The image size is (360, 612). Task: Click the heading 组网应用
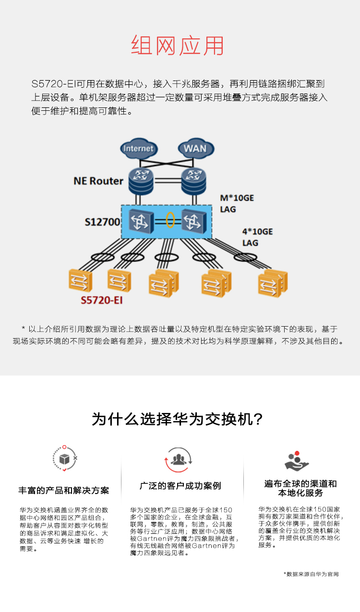[x=178, y=46]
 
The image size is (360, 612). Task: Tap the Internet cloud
[x=139, y=148]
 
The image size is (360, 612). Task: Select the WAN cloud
[x=195, y=148]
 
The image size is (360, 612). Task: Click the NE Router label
[x=98, y=181]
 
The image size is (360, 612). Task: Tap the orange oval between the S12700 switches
[x=170, y=221]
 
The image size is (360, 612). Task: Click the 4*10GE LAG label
[x=257, y=237]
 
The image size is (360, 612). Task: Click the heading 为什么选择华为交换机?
[x=178, y=419]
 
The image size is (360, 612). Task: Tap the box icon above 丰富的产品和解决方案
[x=64, y=459]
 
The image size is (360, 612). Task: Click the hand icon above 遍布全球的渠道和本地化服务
[x=296, y=461]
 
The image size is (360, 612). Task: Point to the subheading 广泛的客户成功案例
[x=180, y=486]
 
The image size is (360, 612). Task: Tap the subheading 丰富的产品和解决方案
[x=64, y=491]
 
